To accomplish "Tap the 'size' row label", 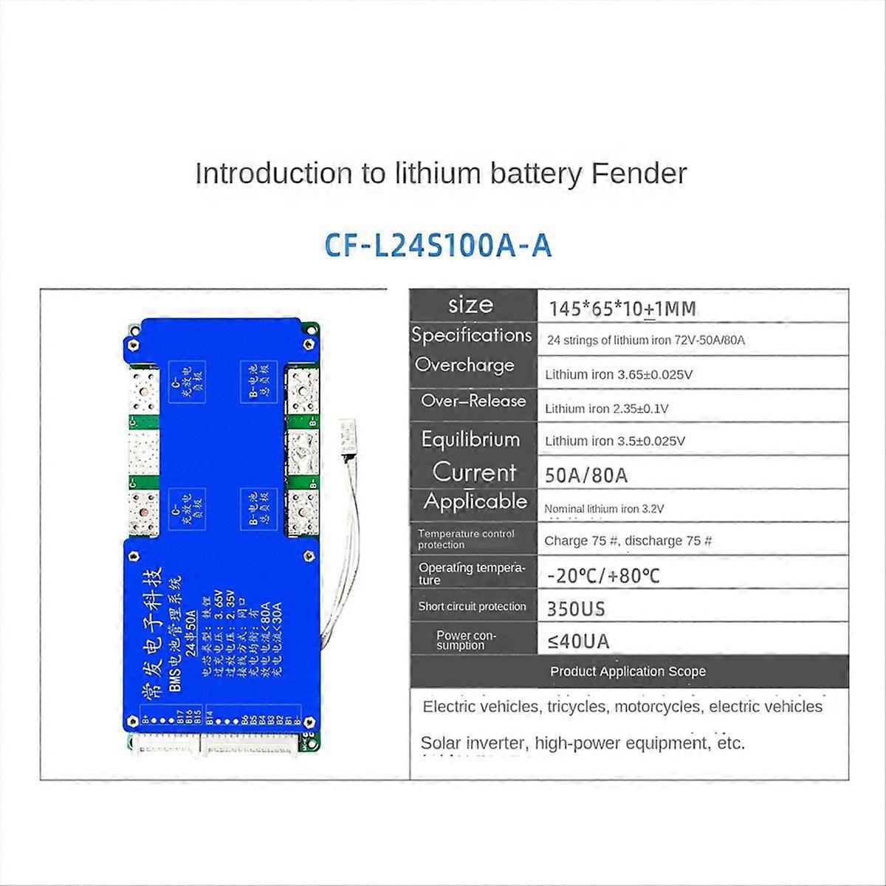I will coord(470,305).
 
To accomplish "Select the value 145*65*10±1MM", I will coord(622,309).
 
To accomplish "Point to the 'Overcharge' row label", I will coord(464,365).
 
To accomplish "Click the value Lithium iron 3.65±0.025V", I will coord(619,374).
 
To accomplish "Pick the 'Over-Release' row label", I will coord(473,401).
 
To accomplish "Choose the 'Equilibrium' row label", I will coord(470,439).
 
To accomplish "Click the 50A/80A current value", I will coord(586,475).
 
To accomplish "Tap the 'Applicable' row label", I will coord(475,502).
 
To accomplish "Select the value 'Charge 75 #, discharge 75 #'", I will coord(628,541).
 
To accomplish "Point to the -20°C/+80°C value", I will coord(603,575).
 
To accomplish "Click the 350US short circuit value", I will coord(576,609).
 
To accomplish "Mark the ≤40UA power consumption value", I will coord(579,642).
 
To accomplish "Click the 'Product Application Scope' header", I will coord(628,672).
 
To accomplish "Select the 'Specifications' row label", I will coord(472,335).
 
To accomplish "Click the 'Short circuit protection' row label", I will coord(472,607).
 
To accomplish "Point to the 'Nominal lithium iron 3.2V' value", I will coord(604,509).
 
